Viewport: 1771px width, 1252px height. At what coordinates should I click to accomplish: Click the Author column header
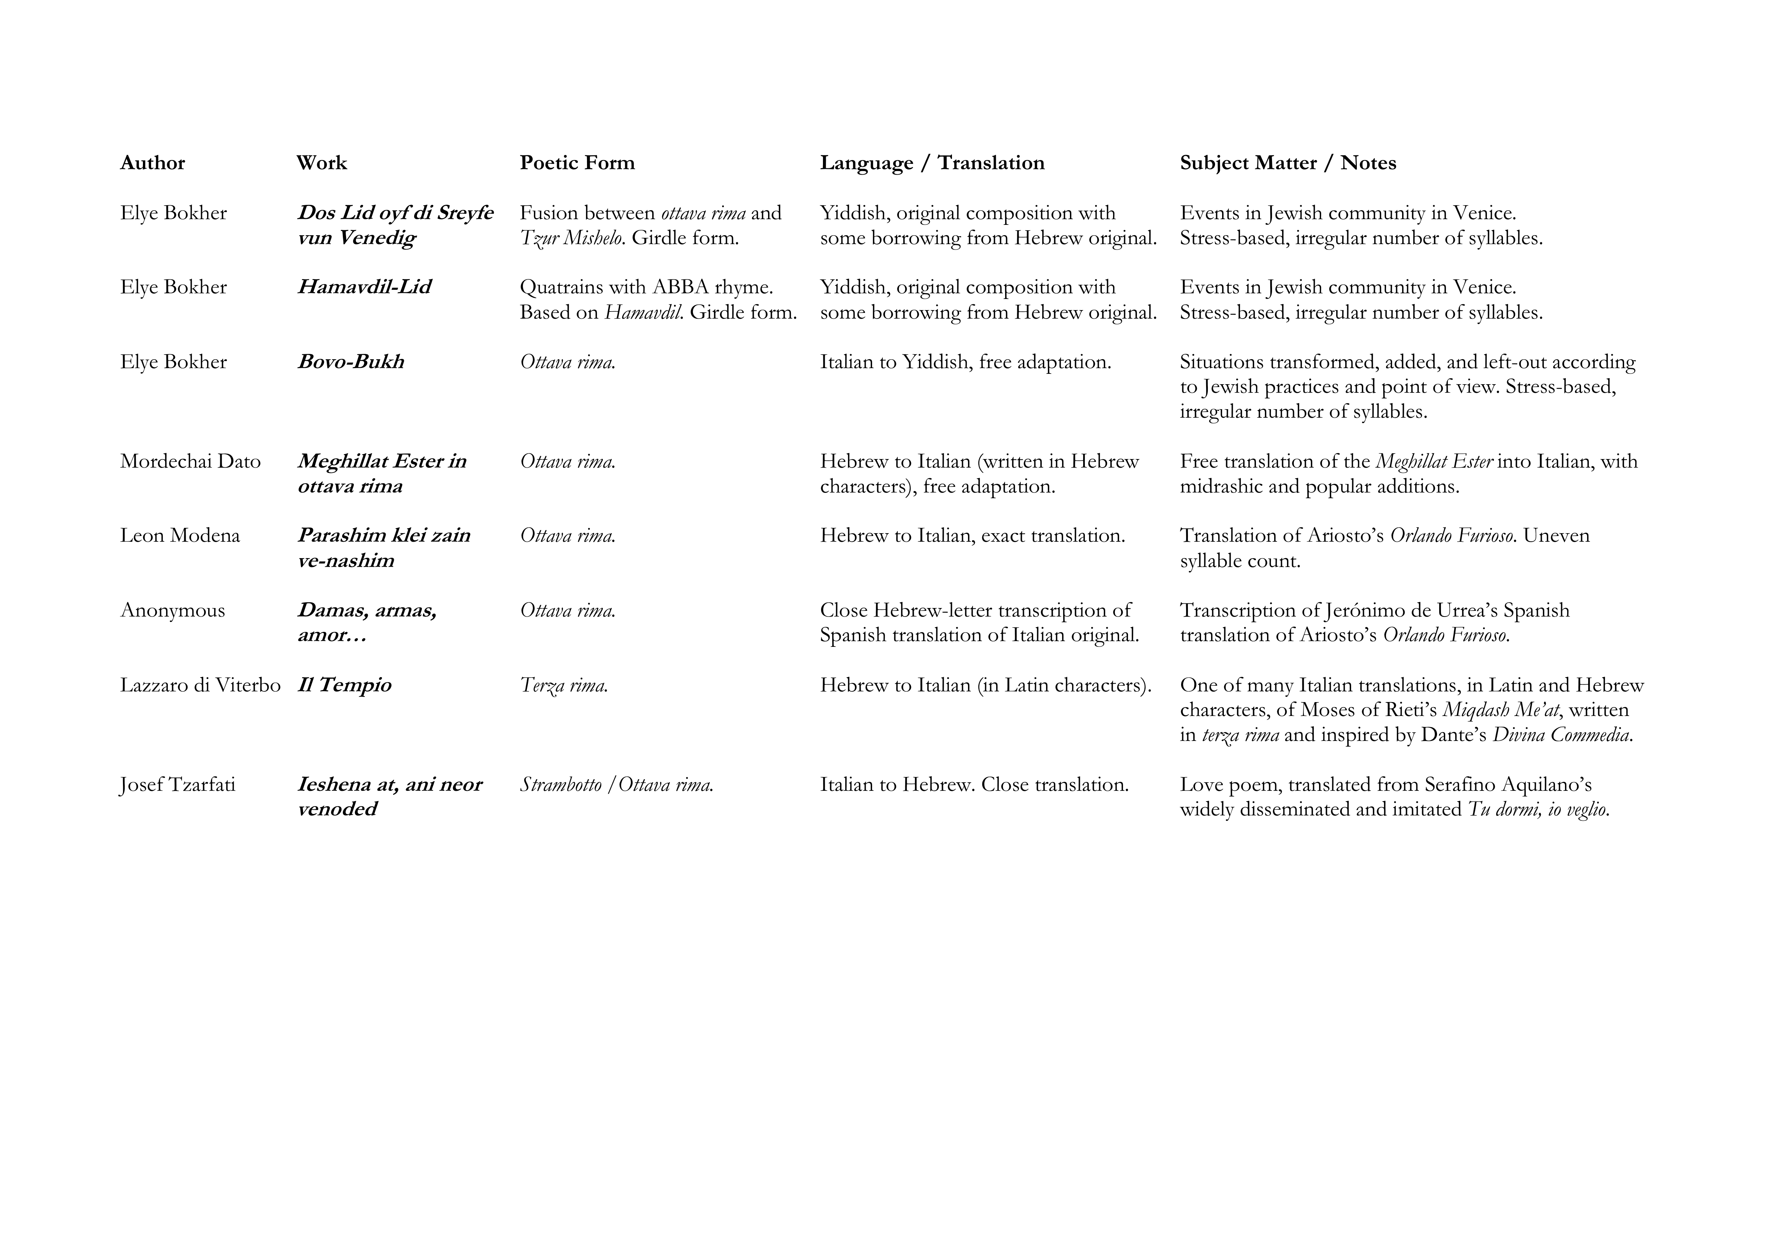(x=153, y=163)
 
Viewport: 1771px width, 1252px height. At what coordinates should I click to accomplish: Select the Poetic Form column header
(x=577, y=163)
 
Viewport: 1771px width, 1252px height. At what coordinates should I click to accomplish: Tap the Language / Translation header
(x=932, y=163)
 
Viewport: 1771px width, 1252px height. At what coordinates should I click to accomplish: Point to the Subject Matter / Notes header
(x=1287, y=163)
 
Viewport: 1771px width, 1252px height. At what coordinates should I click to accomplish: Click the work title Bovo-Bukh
(x=351, y=362)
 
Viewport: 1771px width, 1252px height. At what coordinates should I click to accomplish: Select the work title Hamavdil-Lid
(x=364, y=287)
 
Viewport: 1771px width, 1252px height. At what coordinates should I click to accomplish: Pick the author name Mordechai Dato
(x=191, y=461)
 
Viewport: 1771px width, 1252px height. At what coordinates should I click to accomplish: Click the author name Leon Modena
(x=180, y=535)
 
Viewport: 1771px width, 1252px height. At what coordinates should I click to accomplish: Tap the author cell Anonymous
(x=173, y=610)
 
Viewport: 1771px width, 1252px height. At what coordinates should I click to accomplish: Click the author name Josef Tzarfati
(x=177, y=784)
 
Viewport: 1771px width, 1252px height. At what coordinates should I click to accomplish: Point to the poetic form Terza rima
(x=564, y=685)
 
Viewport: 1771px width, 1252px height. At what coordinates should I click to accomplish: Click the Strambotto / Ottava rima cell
(x=616, y=784)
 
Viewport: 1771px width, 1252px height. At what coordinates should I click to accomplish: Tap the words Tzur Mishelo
(x=572, y=238)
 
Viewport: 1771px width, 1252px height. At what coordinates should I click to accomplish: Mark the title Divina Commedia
(x=1562, y=735)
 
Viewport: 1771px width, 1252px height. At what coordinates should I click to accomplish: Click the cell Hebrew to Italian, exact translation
(x=972, y=535)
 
